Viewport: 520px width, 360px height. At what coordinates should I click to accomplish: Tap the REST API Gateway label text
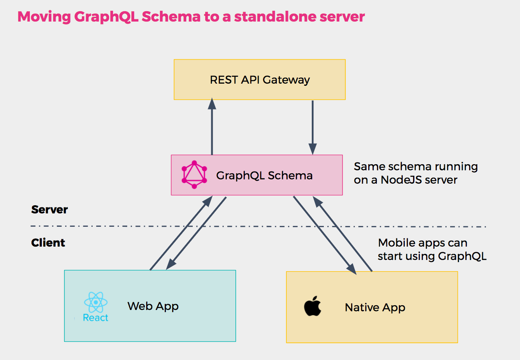point(260,80)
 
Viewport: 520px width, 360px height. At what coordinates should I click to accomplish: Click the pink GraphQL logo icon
point(194,175)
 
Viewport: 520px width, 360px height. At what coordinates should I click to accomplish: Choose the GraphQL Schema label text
point(264,175)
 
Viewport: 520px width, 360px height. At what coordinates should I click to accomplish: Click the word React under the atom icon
point(96,318)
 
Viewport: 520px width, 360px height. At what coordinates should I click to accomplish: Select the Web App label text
point(153,306)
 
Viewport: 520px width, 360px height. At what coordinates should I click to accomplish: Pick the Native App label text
point(375,307)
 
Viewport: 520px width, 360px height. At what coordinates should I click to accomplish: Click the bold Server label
point(50,210)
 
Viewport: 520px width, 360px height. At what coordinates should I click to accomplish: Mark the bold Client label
point(48,243)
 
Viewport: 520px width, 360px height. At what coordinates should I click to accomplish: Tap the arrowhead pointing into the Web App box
point(171,264)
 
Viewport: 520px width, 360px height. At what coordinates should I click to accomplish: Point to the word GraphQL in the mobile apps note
point(462,256)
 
